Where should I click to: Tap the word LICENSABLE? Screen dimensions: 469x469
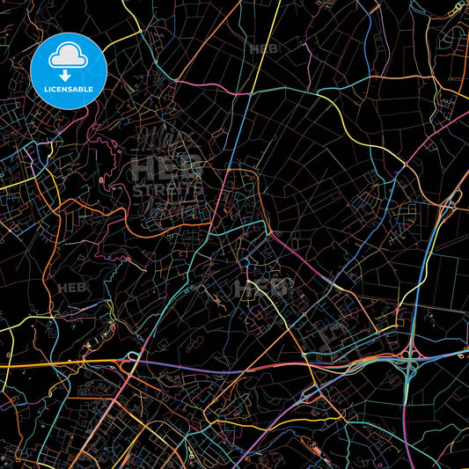[69, 89]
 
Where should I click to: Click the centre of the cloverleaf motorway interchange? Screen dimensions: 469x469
[411, 362]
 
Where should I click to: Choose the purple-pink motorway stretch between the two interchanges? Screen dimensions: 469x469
[264, 363]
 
